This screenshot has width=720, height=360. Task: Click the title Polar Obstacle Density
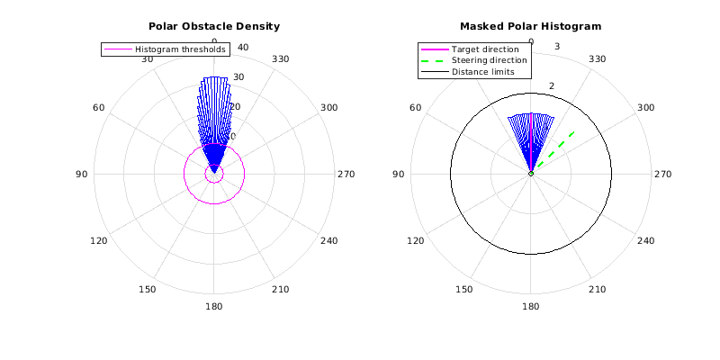coord(213,26)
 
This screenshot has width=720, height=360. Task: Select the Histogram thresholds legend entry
coord(180,49)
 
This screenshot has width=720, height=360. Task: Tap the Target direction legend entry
coord(484,49)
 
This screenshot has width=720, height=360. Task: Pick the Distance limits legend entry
coord(482,72)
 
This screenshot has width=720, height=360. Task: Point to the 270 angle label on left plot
coord(346,174)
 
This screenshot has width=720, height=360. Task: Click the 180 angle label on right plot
coord(531,306)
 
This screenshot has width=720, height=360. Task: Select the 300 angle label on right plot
coord(645,108)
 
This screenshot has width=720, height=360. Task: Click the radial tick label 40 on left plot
coord(242,47)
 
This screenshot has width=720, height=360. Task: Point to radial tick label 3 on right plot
coord(558,47)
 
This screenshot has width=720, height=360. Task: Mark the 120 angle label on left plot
coord(99,240)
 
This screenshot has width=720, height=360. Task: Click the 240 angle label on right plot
coord(645,240)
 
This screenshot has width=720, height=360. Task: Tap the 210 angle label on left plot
coord(280,289)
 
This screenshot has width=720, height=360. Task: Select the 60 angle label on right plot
coord(416,108)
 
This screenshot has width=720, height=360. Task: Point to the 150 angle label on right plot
coord(464,289)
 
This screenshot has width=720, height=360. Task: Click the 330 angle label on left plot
coord(280,59)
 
